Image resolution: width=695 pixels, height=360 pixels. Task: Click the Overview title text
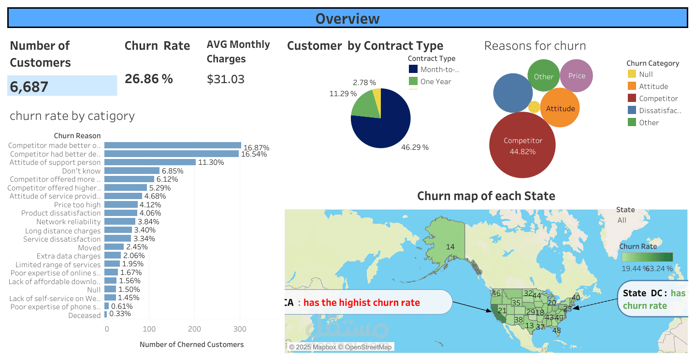tap(347, 18)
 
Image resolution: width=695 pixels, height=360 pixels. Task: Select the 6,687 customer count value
tap(29, 87)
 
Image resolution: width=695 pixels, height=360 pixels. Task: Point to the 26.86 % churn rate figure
tap(148, 79)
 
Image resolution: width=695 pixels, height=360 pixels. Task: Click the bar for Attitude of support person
tap(150, 162)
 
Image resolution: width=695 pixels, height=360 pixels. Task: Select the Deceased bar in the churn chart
tap(105, 315)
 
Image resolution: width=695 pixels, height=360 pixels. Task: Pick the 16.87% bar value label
tap(256, 147)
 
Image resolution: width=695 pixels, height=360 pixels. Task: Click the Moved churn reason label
tap(89, 247)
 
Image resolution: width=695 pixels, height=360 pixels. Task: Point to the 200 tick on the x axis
tap(195, 329)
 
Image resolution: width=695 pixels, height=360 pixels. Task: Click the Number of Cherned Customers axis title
tap(191, 345)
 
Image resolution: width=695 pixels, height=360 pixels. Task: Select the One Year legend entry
tap(435, 82)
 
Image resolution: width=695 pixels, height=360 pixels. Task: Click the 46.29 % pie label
tap(415, 147)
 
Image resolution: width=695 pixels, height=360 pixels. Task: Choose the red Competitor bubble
tap(522, 145)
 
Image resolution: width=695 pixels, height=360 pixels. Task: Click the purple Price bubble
tap(577, 76)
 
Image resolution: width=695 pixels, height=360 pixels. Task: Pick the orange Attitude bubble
tap(560, 108)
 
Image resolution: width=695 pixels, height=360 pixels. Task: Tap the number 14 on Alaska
tap(450, 247)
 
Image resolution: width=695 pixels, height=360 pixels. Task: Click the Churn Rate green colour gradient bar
tap(647, 257)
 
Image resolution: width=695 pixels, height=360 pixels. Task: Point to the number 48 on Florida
tap(556, 331)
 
